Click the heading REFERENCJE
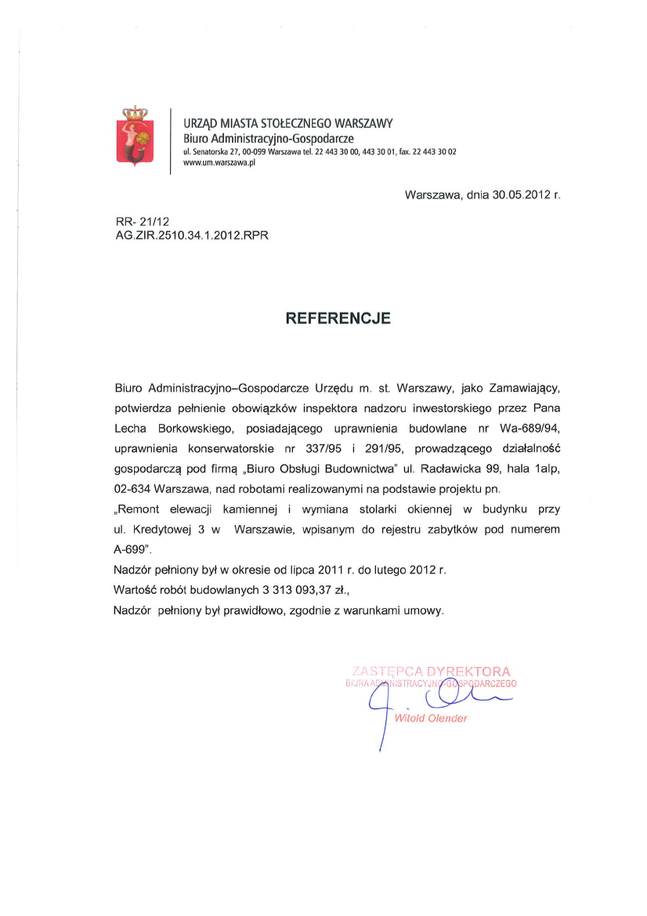pyautogui.click(x=337, y=318)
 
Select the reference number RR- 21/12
pyautogui.click(x=137, y=222)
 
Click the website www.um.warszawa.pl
pyautogui.click(x=219, y=163)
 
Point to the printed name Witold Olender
pyautogui.click(x=431, y=718)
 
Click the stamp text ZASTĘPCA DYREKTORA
pyautogui.click(x=431, y=672)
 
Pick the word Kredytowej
pyautogui.click(x=160, y=530)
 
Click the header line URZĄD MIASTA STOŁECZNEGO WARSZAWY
pyautogui.click(x=288, y=123)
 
